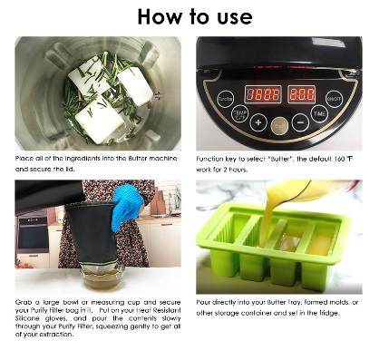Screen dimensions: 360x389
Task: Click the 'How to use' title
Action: pos(194,16)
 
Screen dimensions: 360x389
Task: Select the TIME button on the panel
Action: pos(320,113)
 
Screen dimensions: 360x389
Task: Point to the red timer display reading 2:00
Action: pos(302,94)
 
